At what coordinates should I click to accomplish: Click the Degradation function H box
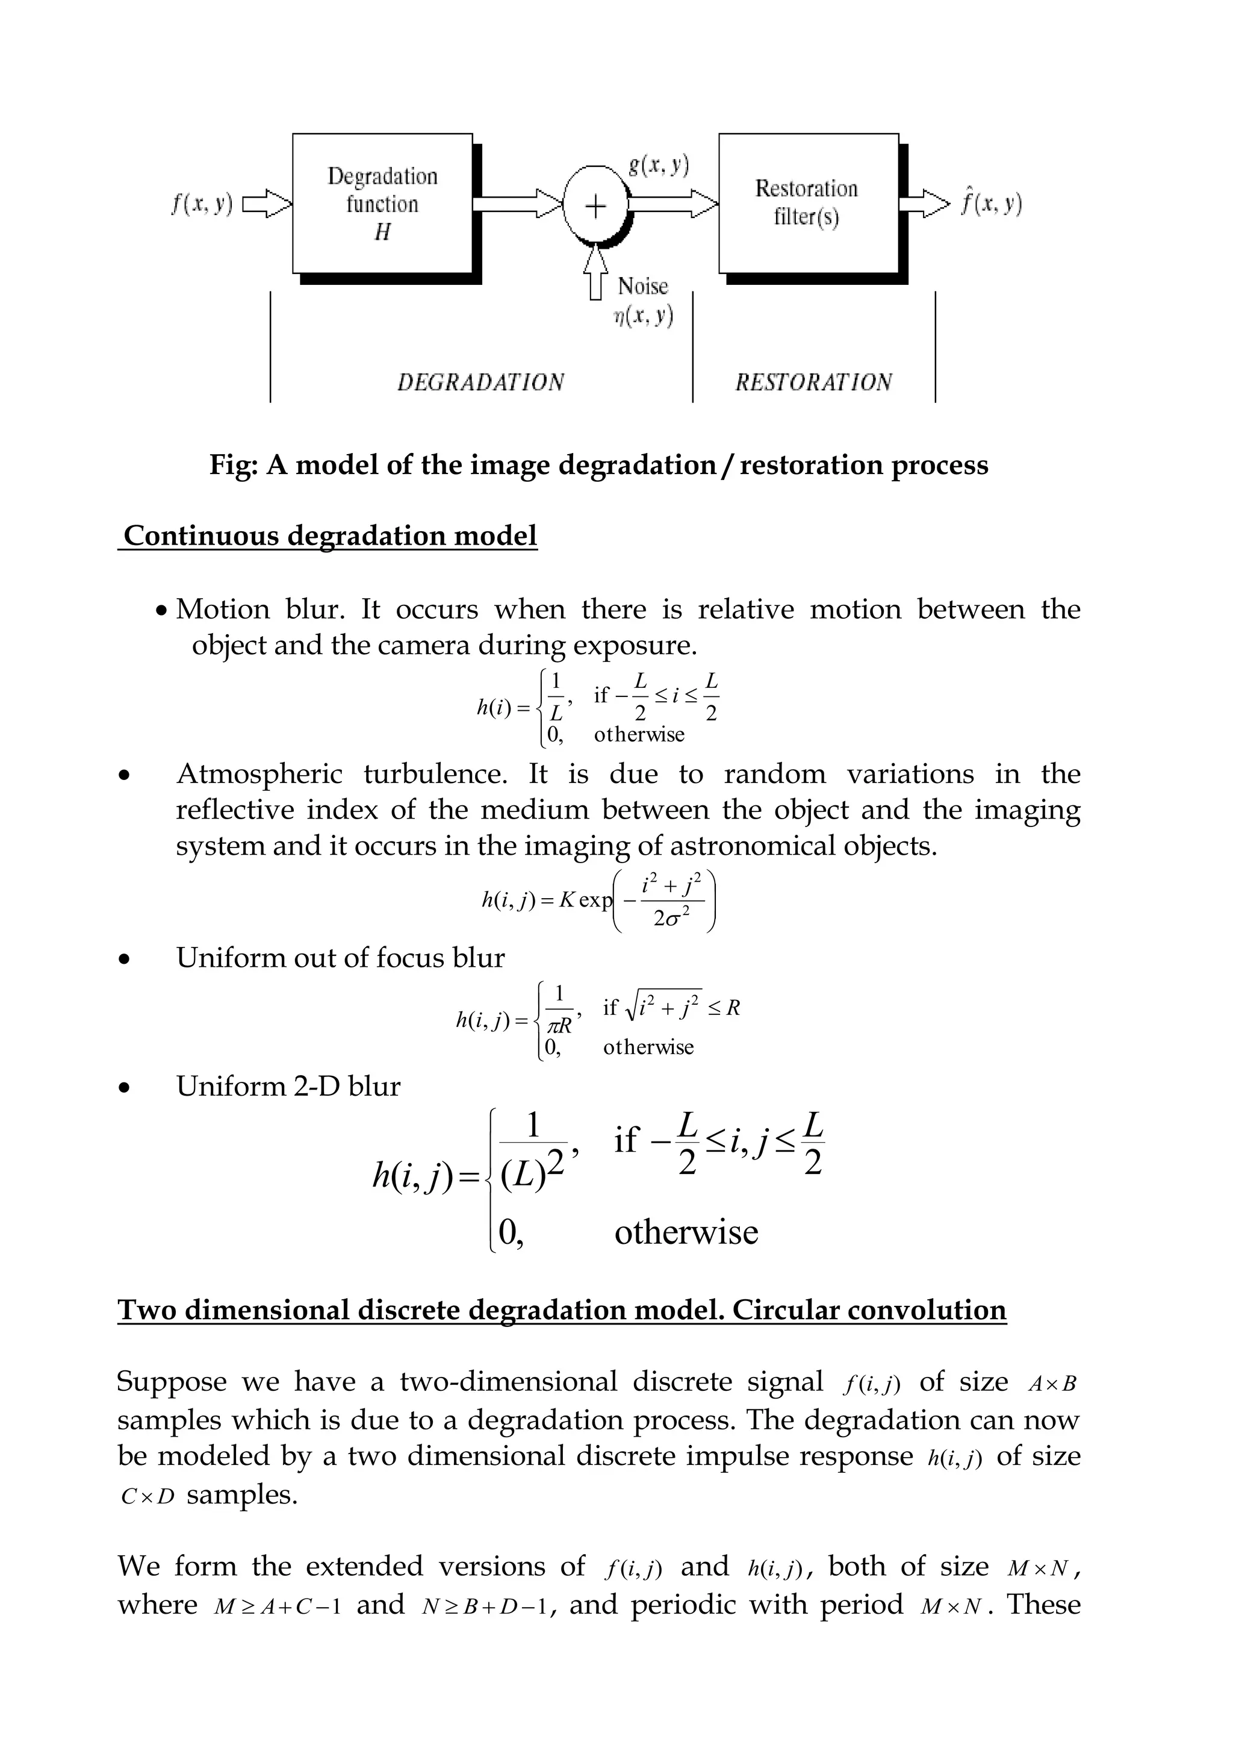(x=382, y=203)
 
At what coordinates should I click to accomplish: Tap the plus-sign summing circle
(x=595, y=204)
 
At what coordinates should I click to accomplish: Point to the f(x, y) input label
(x=201, y=204)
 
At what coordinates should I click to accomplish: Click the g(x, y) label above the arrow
(x=659, y=165)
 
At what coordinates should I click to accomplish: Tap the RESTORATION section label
(x=813, y=381)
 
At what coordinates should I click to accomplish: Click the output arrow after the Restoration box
(x=924, y=204)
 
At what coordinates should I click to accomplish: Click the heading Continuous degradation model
(x=330, y=536)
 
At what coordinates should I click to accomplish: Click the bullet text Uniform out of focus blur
(x=340, y=958)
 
